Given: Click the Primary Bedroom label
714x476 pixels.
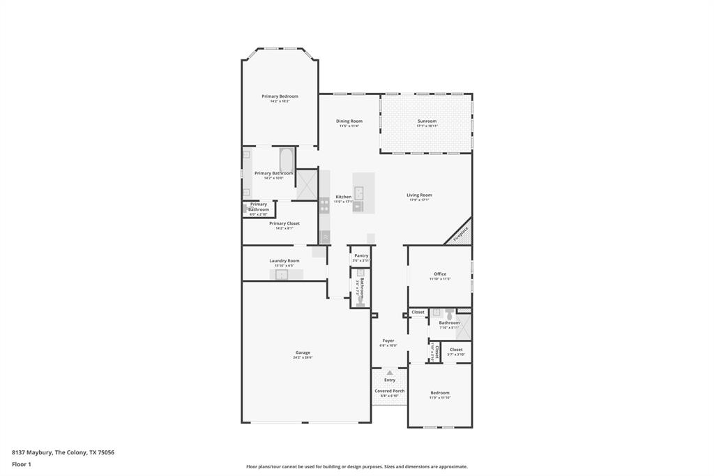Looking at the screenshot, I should pyautogui.click(x=280, y=96).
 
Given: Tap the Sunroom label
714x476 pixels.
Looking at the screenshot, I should pyautogui.click(x=427, y=121).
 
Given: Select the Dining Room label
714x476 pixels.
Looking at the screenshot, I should pyautogui.click(x=349, y=121).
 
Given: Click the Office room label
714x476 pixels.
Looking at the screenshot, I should pyautogui.click(x=439, y=274).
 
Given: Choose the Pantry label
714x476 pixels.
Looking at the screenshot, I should pyautogui.click(x=360, y=256).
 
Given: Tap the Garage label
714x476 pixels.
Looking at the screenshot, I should pyautogui.click(x=303, y=353).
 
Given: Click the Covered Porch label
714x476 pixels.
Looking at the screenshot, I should pyautogui.click(x=389, y=391).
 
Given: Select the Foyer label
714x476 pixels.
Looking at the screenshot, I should pyautogui.click(x=388, y=341).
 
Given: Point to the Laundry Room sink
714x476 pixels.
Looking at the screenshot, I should pyautogui.click(x=281, y=275).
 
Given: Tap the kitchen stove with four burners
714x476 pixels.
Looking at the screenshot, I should pyautogui.click(x=324, y=205).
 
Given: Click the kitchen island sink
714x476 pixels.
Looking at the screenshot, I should pyautogui.click(x=358, y=193).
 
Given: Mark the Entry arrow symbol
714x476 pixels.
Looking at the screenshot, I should pyautogui.click(x=380, y=373).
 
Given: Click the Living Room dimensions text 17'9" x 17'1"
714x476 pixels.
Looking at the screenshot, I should pyautogui.click(x=419, y=200).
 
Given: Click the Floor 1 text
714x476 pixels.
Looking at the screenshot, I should pyautogui.click(x=22, y=464).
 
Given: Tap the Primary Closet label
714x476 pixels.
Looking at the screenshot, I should pyautogui.click(x=284, y=223).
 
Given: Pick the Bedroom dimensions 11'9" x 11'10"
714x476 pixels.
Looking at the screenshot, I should pyautogui.click(x=439, y=398).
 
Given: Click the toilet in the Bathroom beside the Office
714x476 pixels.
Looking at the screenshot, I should pyautogui.click(x=450, y=315).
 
